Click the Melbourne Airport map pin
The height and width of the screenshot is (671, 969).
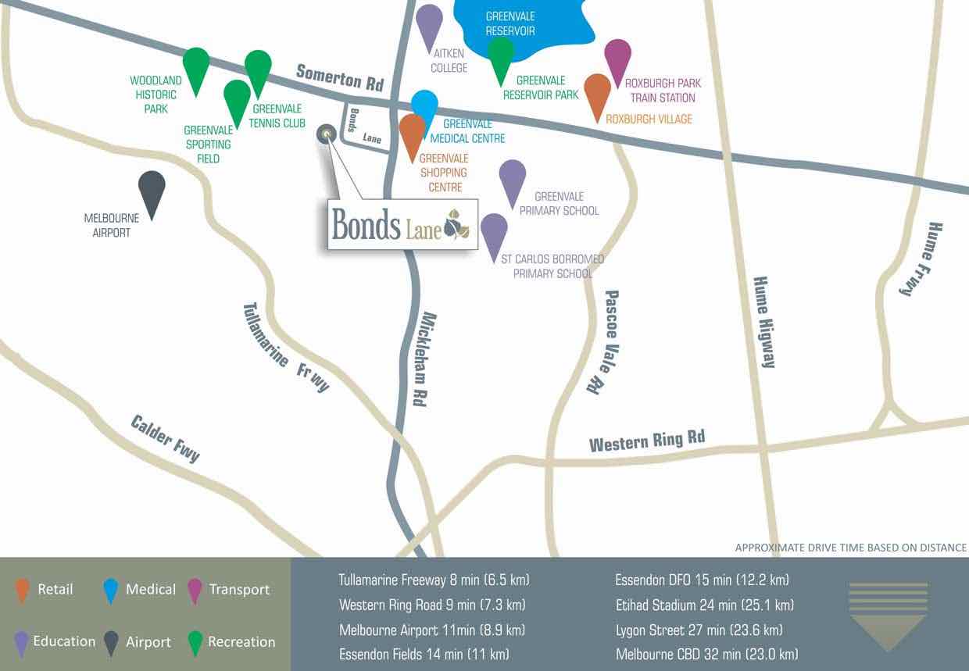pyautogui.click(x=152, y=190)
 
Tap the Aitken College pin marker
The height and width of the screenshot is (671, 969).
pyautogui.click(x=429, y=23)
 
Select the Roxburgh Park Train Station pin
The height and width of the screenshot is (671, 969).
pyautogui.click(x=617, y=59)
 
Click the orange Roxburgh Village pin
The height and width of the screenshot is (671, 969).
pyautogui.click(x=598, y=93)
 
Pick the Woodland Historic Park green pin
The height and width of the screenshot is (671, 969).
pyautogui.click(x=196, y=66)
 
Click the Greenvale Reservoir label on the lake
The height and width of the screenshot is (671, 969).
pyautogui.click(x=510, y=23)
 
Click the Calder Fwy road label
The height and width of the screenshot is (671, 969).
pyautogui.click(x=166, y=439)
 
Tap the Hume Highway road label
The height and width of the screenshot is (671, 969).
pyautogui.click(x=763, y=321)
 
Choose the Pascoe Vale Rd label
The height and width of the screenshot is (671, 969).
pyautogui.click(x=602, y=341)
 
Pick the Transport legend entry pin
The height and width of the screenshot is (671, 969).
pyautogui.click(x=195, y=590)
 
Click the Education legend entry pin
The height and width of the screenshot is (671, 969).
pyautogui.click(x=23, y=642)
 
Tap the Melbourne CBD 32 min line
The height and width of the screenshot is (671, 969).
pyautogui.click(x=706, y=654)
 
